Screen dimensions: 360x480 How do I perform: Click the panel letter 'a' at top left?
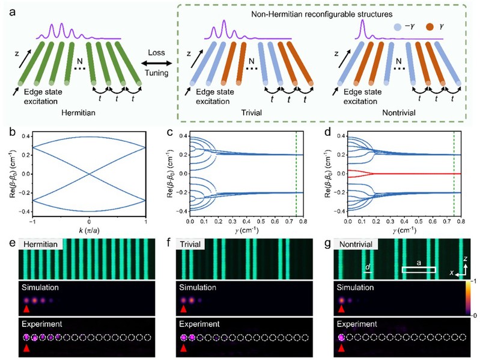[7, 10]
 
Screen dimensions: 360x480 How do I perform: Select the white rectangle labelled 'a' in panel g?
[418, 270]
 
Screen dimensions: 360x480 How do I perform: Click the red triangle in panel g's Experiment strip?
[342, 347]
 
